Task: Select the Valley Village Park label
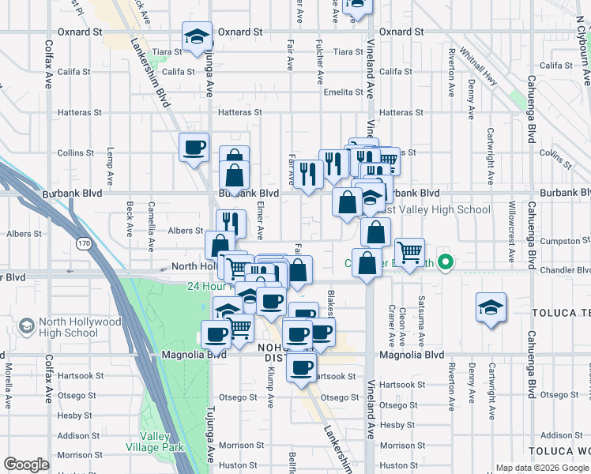[x=162, y=442]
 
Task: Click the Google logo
[x=26, y=465]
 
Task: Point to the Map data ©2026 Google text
[x=541, y=468]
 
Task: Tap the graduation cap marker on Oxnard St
[x=196, y=36]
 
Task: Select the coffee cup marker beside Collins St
[x=194, y=147]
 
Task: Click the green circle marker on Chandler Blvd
[x=446, y=262]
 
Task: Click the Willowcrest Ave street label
[x=511, y=230]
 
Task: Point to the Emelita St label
[x=344, y=92]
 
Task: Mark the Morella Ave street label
[x=9, y=379]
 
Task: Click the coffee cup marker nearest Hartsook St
[x=301, y=367]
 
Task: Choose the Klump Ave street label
[x=270, y=386]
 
